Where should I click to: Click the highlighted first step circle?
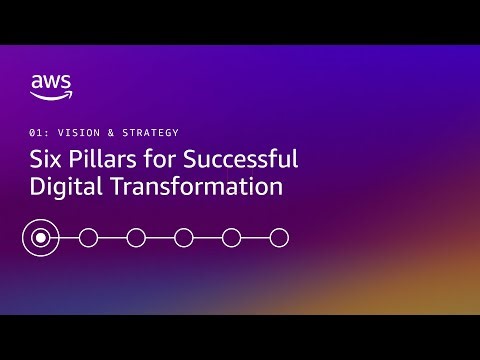tap(40, 237)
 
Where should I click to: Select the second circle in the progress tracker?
tap(88, 237)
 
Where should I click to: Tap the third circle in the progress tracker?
tap(136, 237)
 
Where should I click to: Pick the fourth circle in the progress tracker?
tap(184, 237)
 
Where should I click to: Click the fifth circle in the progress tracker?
tap(232, 237)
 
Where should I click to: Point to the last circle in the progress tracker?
tap(280, 237)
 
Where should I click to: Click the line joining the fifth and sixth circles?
tap(256, 237)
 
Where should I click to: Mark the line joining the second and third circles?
tap(112, 237)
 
